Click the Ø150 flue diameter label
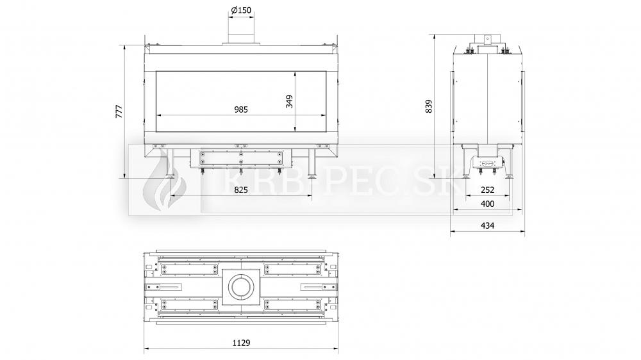241,10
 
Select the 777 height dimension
119,111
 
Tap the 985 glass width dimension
241,110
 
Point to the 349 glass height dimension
290,101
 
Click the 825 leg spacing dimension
241,190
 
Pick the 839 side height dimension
428,106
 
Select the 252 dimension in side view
487,190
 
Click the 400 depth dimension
487,204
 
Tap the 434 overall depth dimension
487,225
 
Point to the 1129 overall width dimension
241,343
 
